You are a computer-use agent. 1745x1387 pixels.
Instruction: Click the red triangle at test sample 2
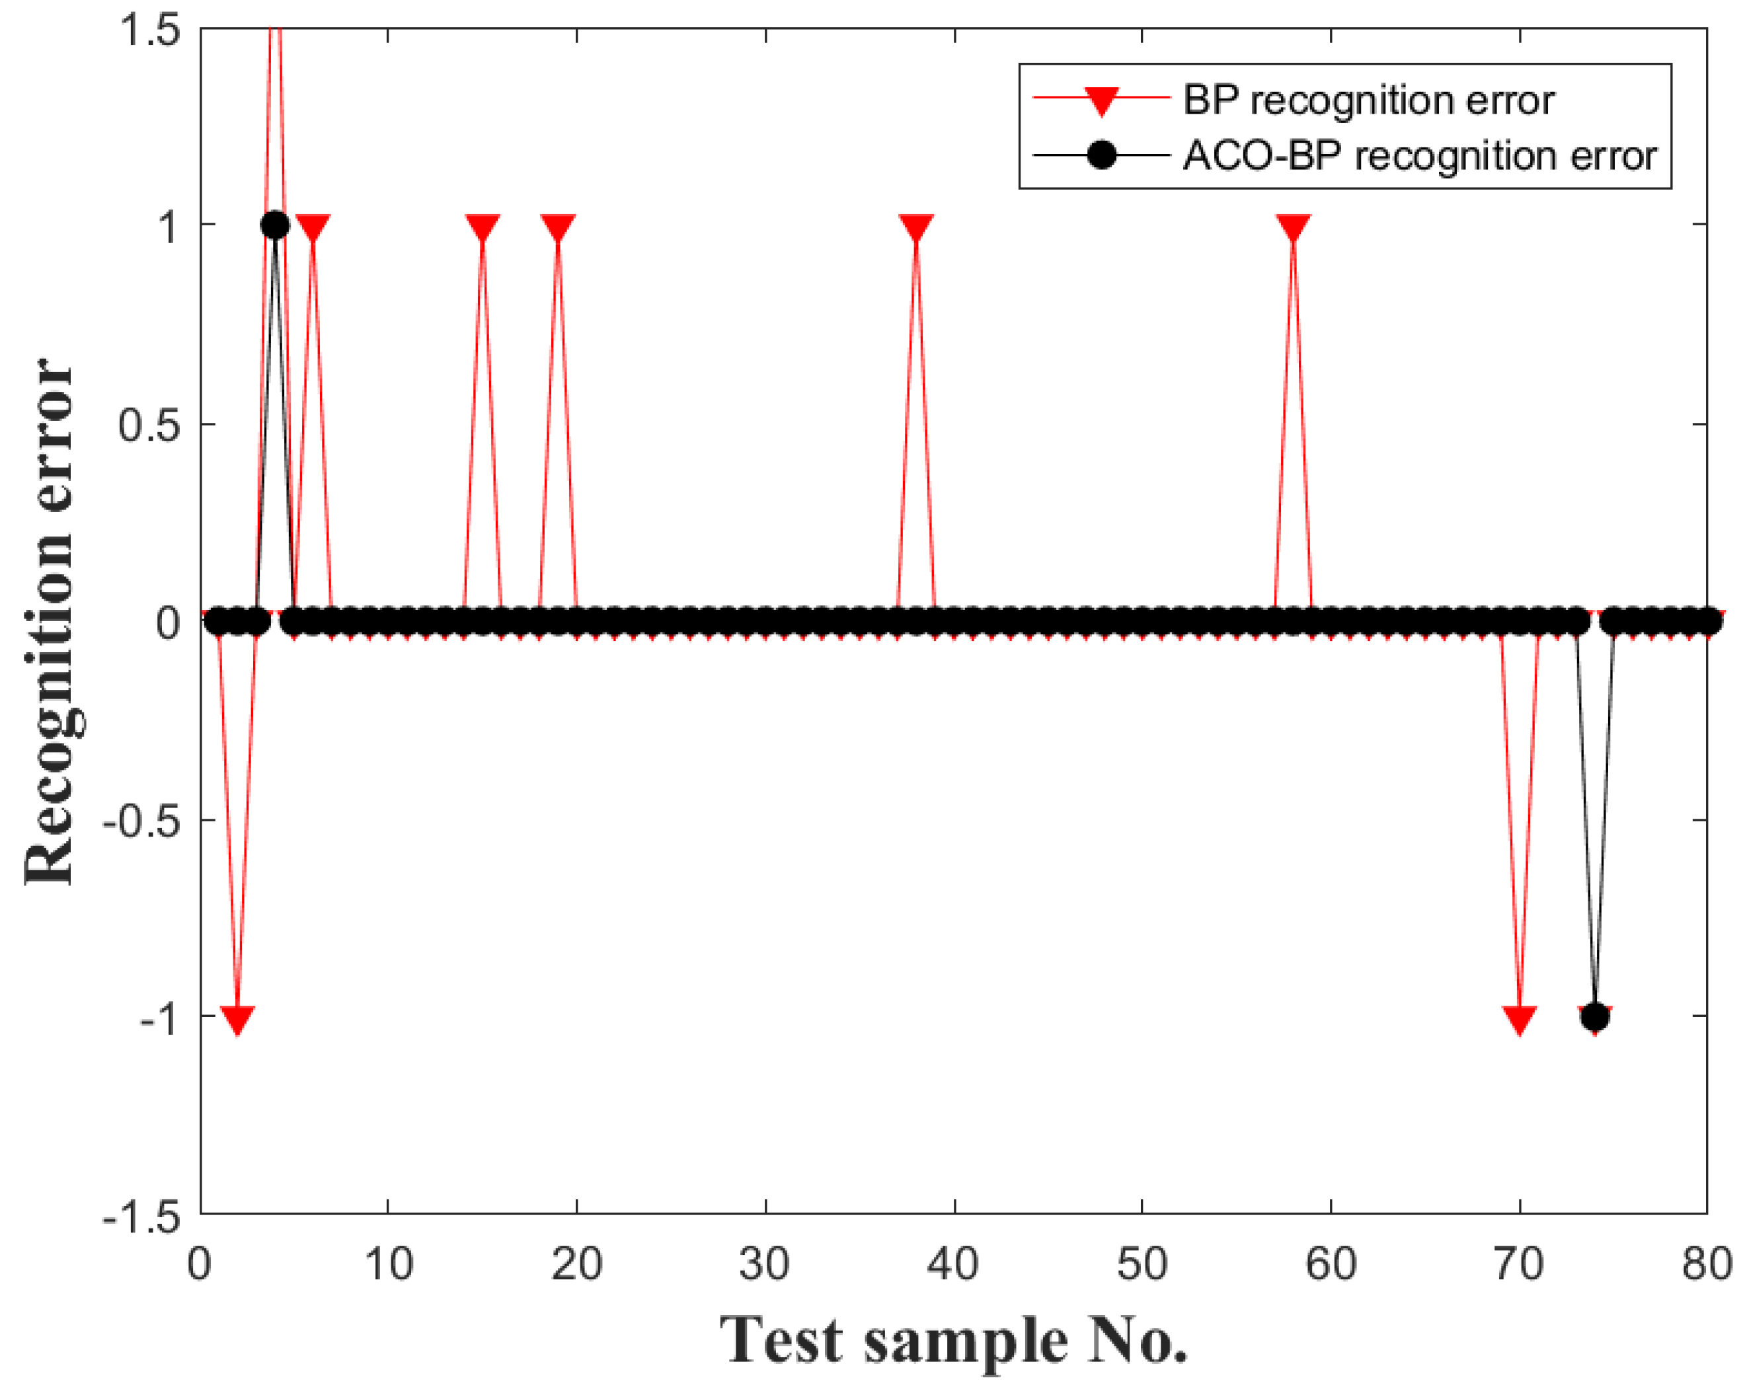[x=237, y=1019]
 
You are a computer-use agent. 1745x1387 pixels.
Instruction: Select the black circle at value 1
[x=275, y=225]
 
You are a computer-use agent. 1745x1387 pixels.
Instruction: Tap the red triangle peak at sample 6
[x=313, y=227]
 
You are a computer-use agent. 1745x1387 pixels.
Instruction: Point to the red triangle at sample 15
[x=483, y=227]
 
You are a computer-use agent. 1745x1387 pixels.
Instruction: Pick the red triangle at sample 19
[x=558, y=227]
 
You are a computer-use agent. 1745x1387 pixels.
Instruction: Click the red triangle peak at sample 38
[x=916, y=227]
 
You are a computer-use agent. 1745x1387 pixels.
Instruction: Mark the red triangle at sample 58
[x=1294, y=227]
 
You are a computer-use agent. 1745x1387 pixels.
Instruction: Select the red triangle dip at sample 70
[x=1519, y=1019]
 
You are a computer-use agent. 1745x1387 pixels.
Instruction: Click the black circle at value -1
[x=1594, y=1016]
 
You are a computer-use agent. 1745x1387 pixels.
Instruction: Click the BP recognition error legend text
[x=1368, y=100]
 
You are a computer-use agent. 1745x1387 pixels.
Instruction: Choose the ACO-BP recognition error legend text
[x=1420, y=155]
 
